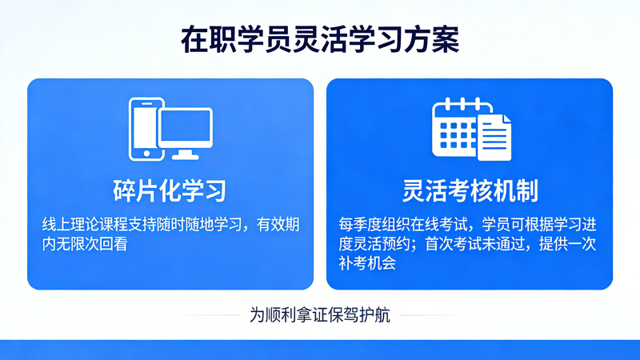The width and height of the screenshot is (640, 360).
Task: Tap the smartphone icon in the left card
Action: tap(146, 129)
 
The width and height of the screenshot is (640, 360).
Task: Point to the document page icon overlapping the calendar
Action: tap(495, 138)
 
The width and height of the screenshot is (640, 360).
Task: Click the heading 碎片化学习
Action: tap(170, 190)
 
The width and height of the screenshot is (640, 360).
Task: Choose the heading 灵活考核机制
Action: tap(469, 190)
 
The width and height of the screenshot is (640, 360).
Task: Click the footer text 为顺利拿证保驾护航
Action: tap(320, 314)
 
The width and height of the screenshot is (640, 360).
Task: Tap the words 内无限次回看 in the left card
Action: tap(85, 245)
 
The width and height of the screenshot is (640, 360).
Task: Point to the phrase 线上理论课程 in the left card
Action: tap(85, 225)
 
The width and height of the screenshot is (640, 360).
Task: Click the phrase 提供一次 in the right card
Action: tap(568, 244)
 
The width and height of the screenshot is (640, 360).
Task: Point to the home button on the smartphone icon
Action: tap(146, 151)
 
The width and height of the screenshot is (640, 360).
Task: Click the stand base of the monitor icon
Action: tap(186, 156)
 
